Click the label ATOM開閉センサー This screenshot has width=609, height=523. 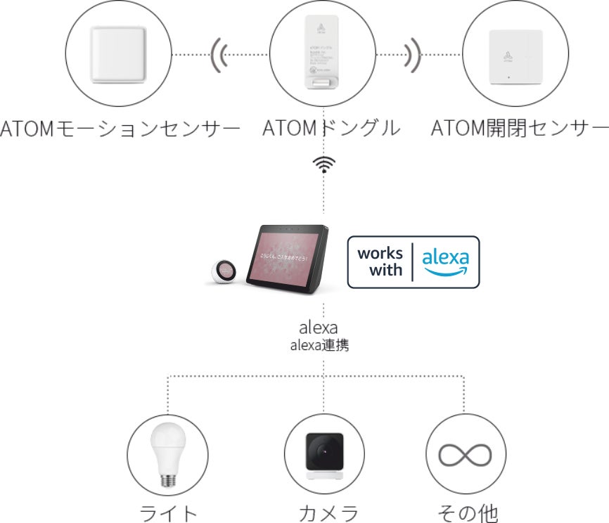pos(519,129)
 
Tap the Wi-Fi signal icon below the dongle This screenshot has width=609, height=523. pos(323,164)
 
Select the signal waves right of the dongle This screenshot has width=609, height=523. pos(414,54)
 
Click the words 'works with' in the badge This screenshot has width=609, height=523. pos(380,261)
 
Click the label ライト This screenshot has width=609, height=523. pos(169,512)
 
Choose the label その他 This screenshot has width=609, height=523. pos(468,512)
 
